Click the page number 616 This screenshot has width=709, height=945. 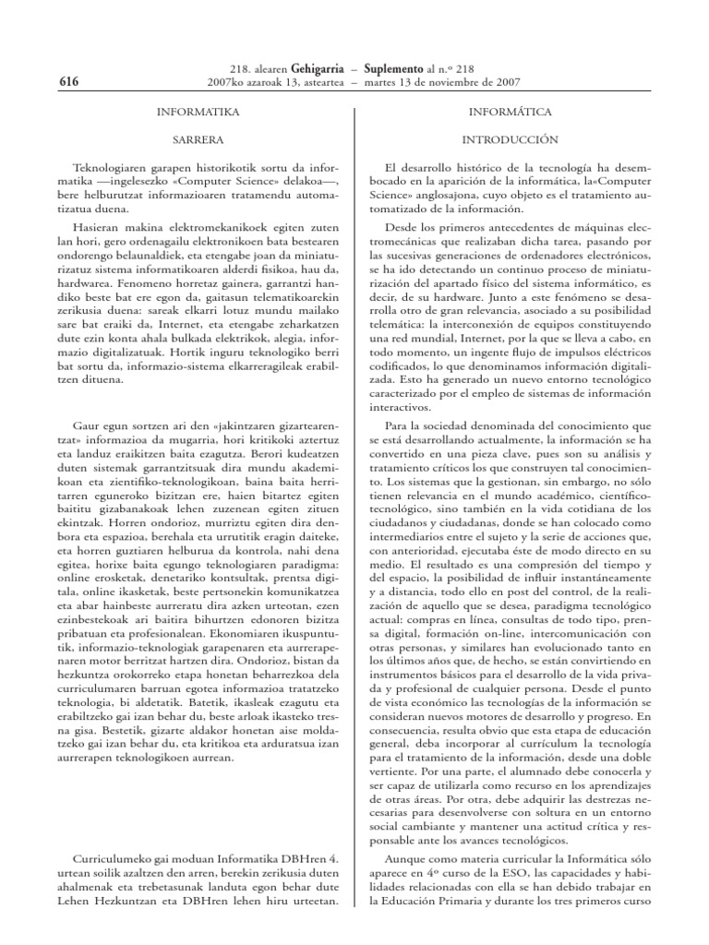coord(68,82)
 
